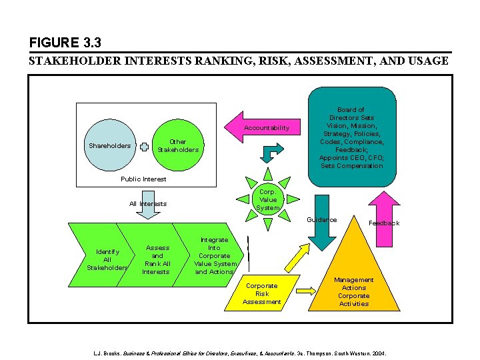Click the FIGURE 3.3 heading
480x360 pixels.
[65, 43]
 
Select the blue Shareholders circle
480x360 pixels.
[110, 146]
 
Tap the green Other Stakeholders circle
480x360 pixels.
[177, 146]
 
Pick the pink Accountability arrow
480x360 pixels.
[264, 127]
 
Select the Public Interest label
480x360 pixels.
[143, 179]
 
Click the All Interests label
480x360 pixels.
[148, 203]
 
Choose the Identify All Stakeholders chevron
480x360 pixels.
[107, 259]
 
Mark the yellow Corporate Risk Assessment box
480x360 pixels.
[261, 293]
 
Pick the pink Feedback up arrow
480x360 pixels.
[384, 210]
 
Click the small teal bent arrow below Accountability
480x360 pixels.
[267, 154]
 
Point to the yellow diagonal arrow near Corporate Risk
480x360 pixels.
[297, 255]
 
